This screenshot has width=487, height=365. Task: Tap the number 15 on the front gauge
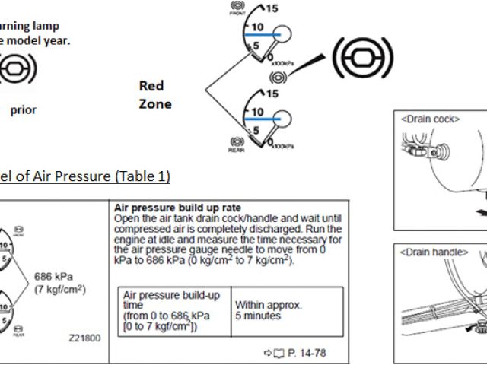(x=272, y=10)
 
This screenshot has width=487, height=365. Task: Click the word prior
(x=23, y=109)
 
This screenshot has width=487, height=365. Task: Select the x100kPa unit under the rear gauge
(x=281, y=144)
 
